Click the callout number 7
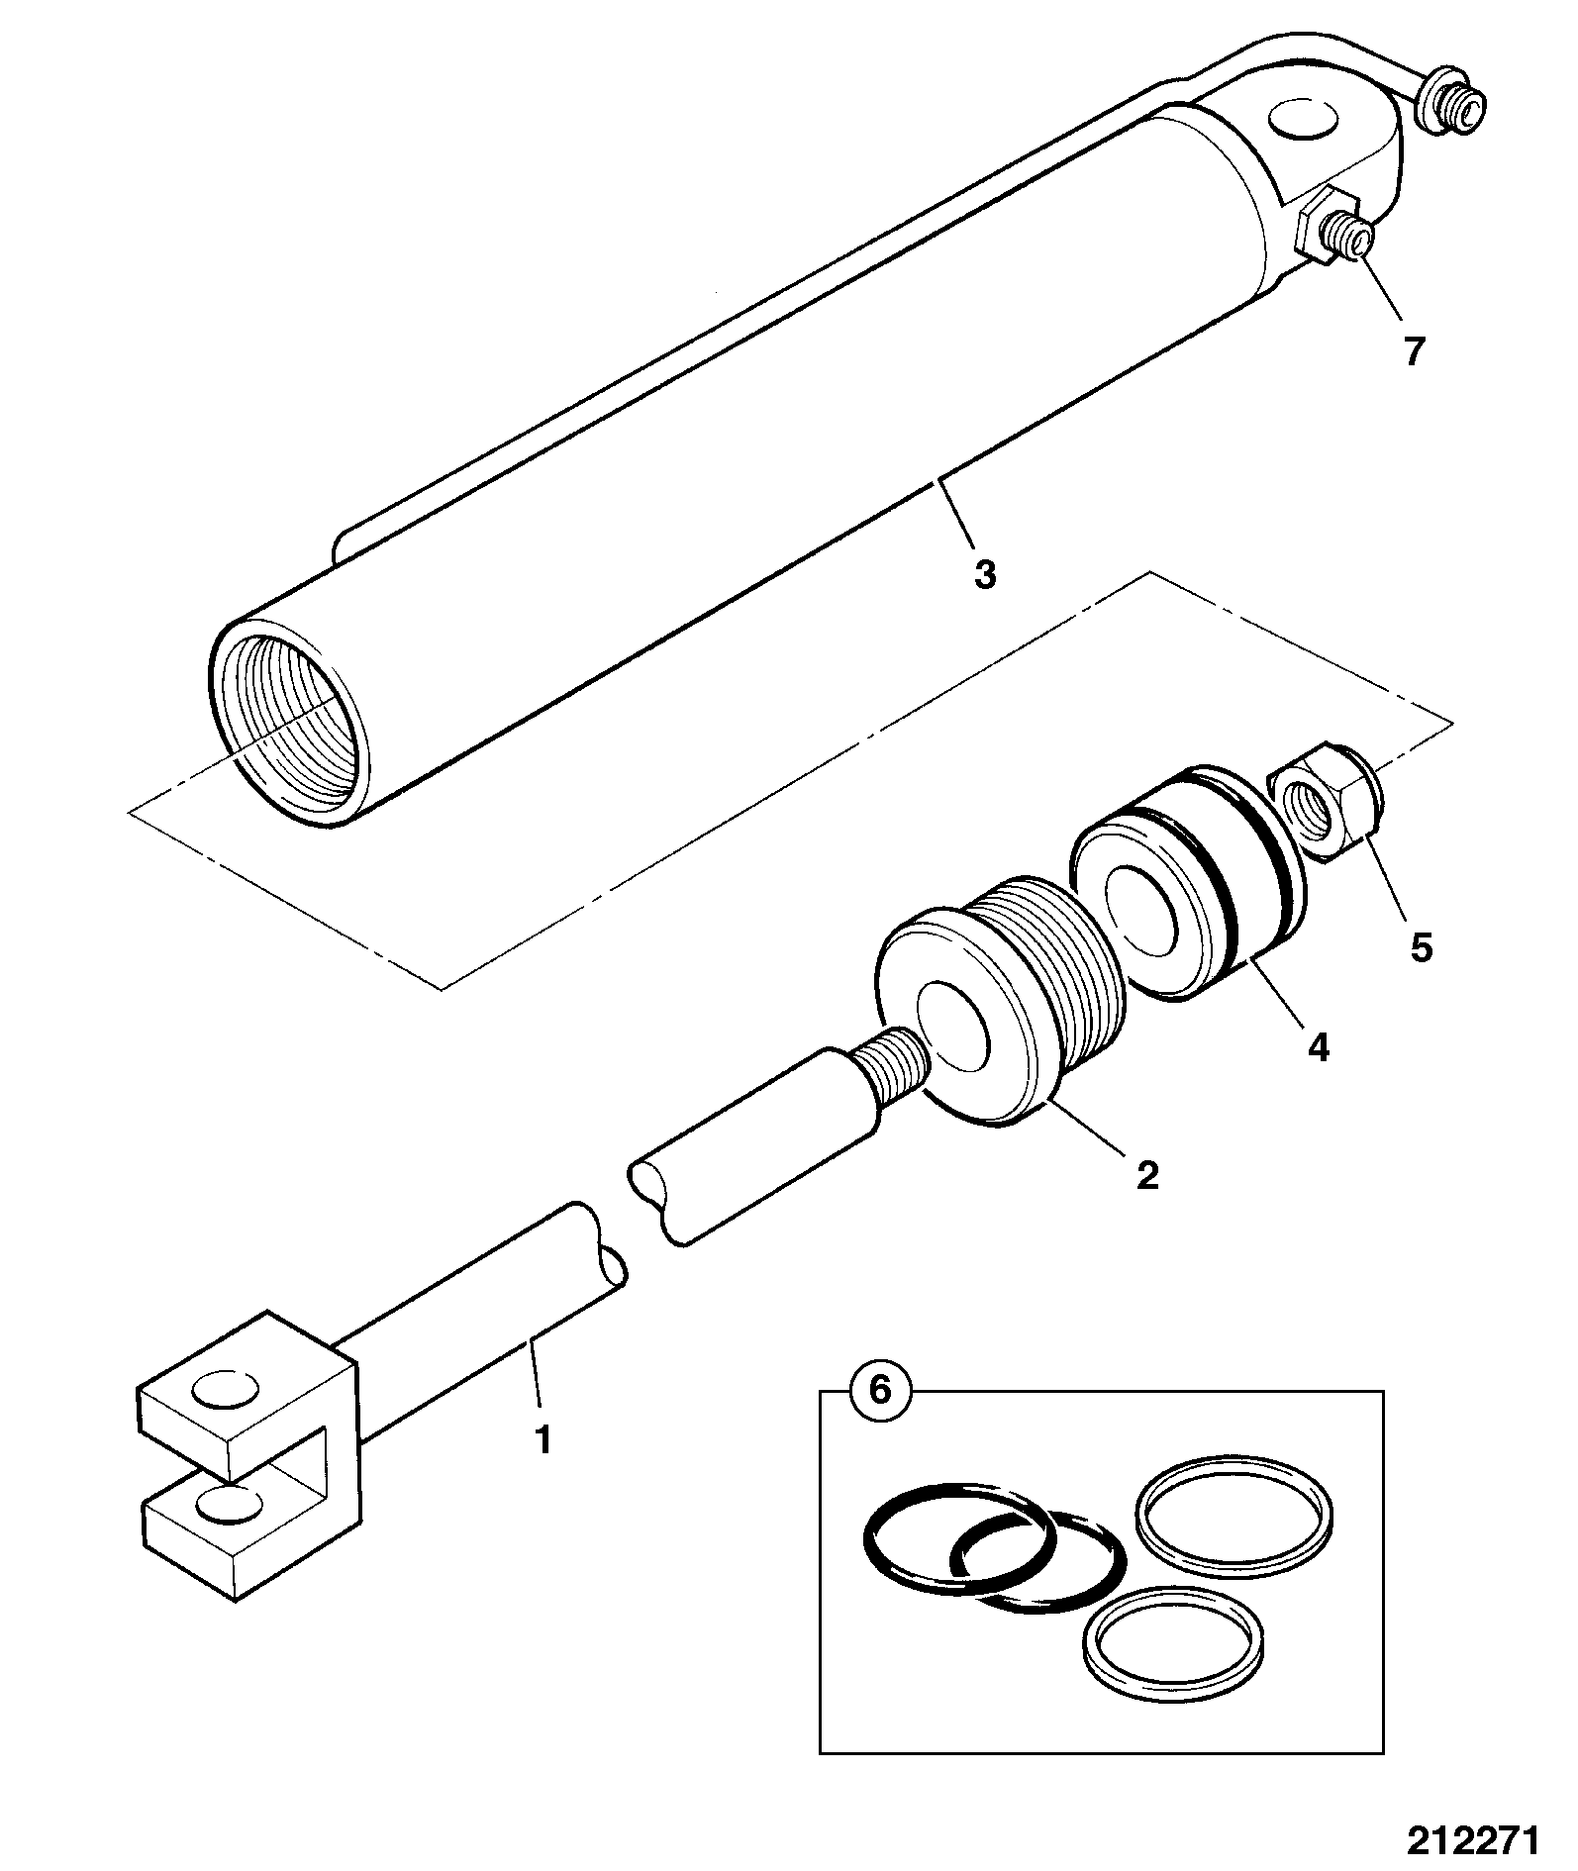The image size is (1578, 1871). (1414, 351)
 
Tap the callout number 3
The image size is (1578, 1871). (984, 574)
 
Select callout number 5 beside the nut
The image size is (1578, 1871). (1421, 947)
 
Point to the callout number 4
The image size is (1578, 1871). (1318, 1046)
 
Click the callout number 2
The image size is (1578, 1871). (1147, 1175)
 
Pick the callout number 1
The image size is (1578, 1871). (542, 1439)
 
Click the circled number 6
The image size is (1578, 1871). (879, 1390)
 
